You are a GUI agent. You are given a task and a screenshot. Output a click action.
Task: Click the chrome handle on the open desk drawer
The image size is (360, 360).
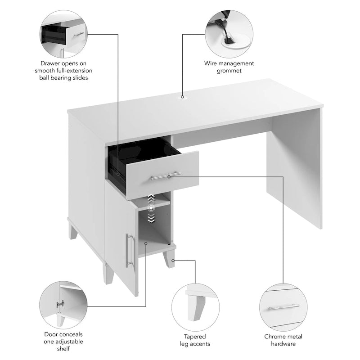pos(166,175)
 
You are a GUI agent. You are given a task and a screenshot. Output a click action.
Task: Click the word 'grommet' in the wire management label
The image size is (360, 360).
pos(229,71)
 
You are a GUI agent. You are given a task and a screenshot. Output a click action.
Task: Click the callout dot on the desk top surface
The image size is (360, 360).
pos(182,96)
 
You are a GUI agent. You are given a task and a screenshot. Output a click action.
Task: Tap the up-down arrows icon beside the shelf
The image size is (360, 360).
pos(152,208)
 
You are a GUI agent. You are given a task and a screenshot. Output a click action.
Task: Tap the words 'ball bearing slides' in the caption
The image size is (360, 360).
pos(63,78)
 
